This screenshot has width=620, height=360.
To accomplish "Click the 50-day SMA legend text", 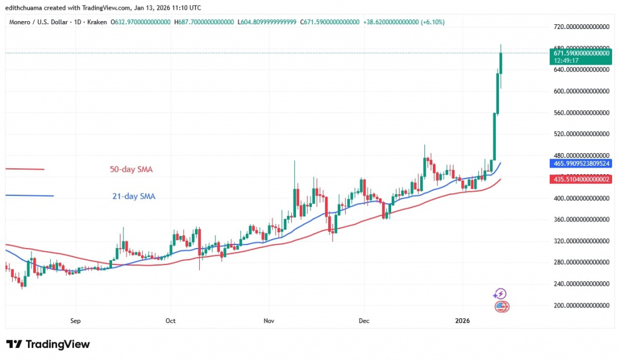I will pos(131,169).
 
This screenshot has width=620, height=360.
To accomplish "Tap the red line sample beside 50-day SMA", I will pos(24,169).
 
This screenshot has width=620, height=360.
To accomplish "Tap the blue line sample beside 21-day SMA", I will pos(29,195).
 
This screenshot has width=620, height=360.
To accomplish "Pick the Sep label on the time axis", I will pos(75,320).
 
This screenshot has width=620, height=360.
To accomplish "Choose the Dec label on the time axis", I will pos(364,320).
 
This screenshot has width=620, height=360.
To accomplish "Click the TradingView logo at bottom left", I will pos(48,344).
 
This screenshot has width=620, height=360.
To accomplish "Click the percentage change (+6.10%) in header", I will pos(430,22).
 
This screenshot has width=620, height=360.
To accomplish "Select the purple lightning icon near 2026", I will pos(500,294).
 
